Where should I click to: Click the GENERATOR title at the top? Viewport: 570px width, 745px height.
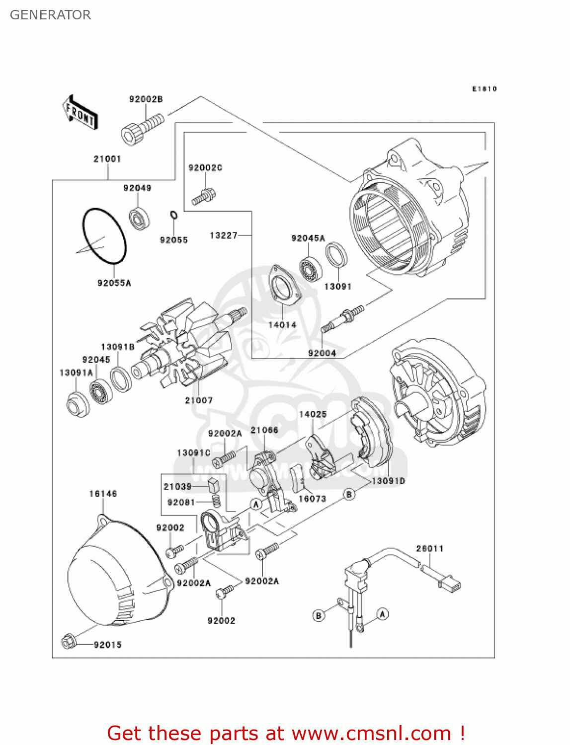point(50,15)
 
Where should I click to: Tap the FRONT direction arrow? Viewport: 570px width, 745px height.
point(80,113)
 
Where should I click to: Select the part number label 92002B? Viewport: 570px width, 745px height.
point(146,99)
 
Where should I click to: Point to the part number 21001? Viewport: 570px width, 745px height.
point(107,159)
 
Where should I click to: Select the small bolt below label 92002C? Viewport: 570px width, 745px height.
point(203,196)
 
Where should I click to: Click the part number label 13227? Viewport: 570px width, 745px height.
point(224,235)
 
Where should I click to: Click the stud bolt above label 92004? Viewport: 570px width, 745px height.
point(343,318)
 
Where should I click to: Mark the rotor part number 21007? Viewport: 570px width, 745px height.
point(199,400)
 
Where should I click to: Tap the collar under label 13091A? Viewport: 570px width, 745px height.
point(77,404)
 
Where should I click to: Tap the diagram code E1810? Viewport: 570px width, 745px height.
point(484,89)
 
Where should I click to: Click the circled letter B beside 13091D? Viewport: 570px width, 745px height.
point(349,494)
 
